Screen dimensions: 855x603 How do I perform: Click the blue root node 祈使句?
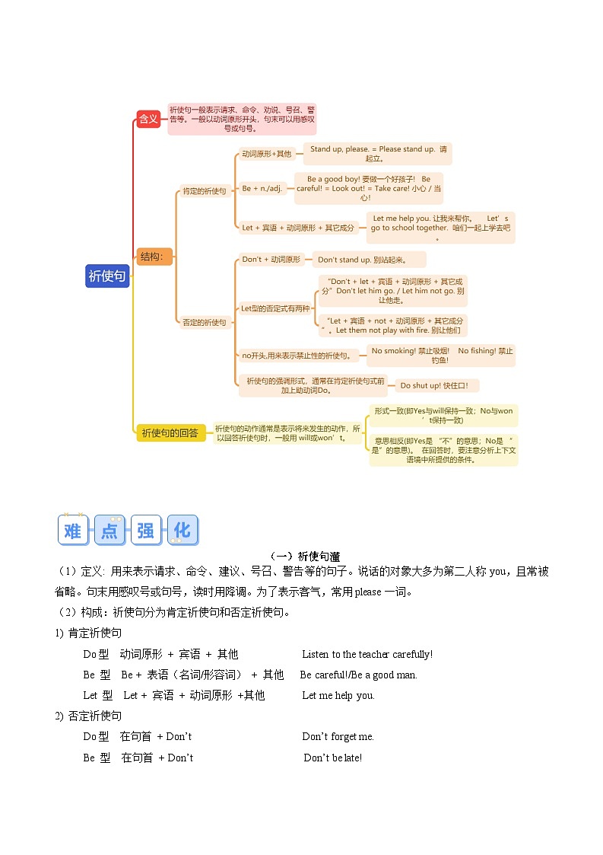[107, 276]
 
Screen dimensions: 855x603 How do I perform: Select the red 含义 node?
[148, 118]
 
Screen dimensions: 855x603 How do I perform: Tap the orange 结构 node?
[155, 257]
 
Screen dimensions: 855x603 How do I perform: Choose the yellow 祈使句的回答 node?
[170, 432]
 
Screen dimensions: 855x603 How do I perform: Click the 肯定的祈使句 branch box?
[204, 191]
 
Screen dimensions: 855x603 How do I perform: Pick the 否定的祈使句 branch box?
[204, 322]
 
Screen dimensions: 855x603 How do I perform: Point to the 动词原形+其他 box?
[266, 154]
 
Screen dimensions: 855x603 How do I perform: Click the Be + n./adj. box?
[262, 188]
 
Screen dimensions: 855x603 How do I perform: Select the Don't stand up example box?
[369, 260]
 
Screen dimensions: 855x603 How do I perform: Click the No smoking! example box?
[441, 355]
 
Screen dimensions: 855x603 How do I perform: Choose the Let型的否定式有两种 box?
[275, 308]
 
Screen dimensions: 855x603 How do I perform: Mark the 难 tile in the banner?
[73, 531]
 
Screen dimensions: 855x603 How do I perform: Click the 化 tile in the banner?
[182, 530]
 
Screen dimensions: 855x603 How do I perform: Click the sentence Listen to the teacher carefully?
[367, 654]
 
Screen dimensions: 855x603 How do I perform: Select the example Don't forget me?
[338, 736]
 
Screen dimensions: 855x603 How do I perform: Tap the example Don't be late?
[332, 758]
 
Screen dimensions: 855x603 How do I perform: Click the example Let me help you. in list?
[338, 695]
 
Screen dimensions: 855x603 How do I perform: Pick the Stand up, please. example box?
[378, 154]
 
